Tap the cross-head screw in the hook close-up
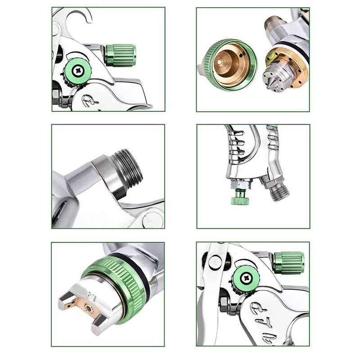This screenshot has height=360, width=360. point(77,70)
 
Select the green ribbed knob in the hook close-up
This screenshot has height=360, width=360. point(120,55)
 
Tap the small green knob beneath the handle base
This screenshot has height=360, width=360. point(240,198)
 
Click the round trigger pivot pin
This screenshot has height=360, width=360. point(215,262)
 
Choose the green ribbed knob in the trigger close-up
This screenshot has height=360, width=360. point(288,262)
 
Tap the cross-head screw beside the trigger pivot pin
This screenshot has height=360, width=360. point(246,277)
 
